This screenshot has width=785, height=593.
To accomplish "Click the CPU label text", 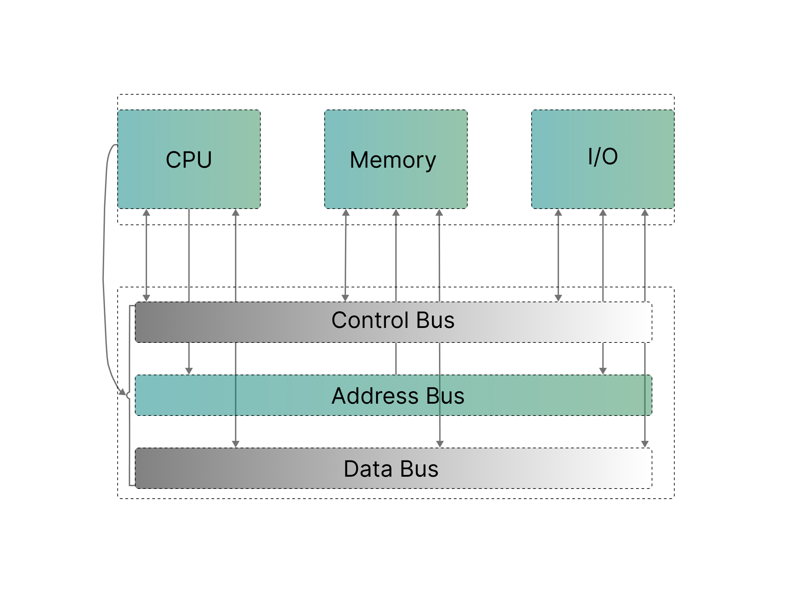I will [188, 160].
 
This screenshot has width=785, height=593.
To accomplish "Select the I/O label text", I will [603, 157].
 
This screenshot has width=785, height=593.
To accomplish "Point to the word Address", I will [375, 396].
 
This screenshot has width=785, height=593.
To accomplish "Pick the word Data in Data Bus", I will [368, 469].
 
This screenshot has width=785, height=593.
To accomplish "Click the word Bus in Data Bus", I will [419, 469].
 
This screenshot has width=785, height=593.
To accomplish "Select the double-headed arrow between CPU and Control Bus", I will [146, 255].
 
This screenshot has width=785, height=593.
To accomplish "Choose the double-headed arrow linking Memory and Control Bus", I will [345, 255].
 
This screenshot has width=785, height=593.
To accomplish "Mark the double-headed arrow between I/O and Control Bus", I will [558, 255].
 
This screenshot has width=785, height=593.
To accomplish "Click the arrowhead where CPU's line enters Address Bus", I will [189, 371].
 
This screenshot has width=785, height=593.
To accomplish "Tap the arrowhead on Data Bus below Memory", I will [440, 444].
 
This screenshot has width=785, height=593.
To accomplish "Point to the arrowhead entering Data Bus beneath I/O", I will [645, 444].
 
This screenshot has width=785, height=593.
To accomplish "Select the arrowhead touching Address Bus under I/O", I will [603, 371].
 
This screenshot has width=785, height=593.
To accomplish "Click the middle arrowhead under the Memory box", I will [396, 213].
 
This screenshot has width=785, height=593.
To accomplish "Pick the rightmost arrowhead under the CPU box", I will [236, 213].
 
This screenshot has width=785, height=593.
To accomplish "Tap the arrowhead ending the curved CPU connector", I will [122, 392].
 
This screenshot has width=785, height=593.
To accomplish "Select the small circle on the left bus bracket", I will [129, 396].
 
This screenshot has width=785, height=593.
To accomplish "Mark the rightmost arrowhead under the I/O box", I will [645, 213].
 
